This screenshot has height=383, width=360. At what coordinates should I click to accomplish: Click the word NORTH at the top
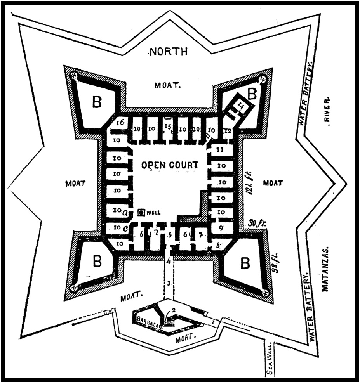(169, 51)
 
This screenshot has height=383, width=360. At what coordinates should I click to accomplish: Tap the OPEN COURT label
(169, 165)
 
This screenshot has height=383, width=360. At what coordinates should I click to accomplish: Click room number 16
(120, 122)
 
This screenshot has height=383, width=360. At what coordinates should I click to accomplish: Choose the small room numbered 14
(241, 105)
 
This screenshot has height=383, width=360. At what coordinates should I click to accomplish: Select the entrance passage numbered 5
(169, 234)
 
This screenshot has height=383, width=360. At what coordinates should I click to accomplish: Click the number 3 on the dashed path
(169, 284)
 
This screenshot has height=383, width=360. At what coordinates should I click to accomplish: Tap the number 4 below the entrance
(169, 261)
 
